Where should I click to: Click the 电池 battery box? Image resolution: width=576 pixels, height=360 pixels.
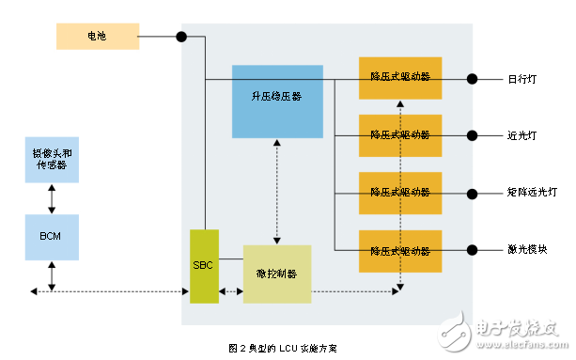click(x=97, y=37)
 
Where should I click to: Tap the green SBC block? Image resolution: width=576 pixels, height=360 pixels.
click(x=204, y=266)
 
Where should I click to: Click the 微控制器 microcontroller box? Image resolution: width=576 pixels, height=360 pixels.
click(x=276, y=274)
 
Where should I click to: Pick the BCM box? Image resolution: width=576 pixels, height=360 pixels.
click(x=52, y=237)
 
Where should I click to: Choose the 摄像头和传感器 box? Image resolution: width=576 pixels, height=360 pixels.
click(x=52, y=159)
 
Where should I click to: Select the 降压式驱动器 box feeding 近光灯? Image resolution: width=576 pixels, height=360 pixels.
click(x=400, y=135)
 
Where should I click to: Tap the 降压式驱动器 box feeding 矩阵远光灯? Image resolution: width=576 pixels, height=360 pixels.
click(x=400, y=193)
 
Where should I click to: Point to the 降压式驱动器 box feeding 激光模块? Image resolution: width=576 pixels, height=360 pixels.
click(x=400, y=250)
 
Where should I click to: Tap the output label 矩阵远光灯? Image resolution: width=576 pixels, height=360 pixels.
click(x=530, y=193)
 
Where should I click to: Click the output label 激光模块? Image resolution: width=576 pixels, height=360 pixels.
click(x=524, y=250)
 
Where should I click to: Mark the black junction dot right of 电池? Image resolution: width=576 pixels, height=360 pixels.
click(x=180, y=37)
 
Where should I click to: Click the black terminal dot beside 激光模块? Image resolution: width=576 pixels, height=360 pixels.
click(x=472, y=250)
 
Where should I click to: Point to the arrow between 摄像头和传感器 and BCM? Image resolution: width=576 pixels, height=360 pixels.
click(x=52, y=198)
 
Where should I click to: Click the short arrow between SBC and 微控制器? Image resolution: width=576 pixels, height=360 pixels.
click(x=231, y=291)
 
